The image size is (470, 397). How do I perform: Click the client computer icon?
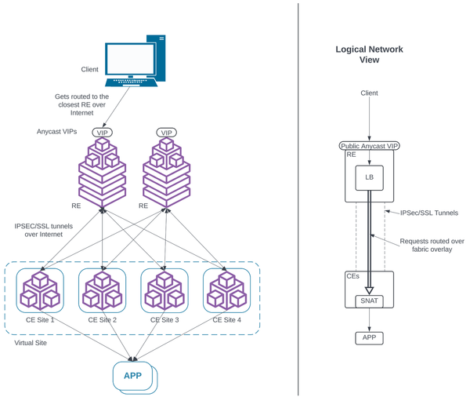click(135, 59)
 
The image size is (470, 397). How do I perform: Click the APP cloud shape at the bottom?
click(134, 376)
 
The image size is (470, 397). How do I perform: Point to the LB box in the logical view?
click(369, 177)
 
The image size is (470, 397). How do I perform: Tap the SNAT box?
click(369, 300)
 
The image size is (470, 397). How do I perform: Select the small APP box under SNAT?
click(369, 337)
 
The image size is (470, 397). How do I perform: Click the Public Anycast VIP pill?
click(369, 146)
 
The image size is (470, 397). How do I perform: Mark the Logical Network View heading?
click(369, 54)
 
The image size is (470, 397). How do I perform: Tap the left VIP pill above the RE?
click(102, 133)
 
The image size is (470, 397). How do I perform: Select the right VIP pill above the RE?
click(166, 133)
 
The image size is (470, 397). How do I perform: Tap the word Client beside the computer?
click(90, 70)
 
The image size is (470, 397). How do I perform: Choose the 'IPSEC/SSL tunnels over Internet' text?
click(44, 230)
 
